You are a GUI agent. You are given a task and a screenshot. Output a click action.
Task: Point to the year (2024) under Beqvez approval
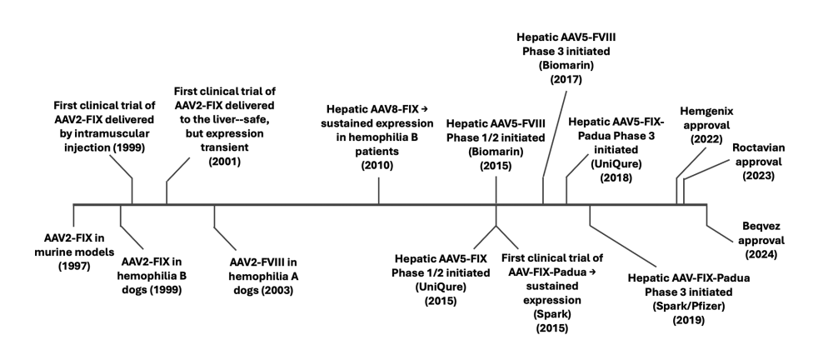click(x=760, y=254)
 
